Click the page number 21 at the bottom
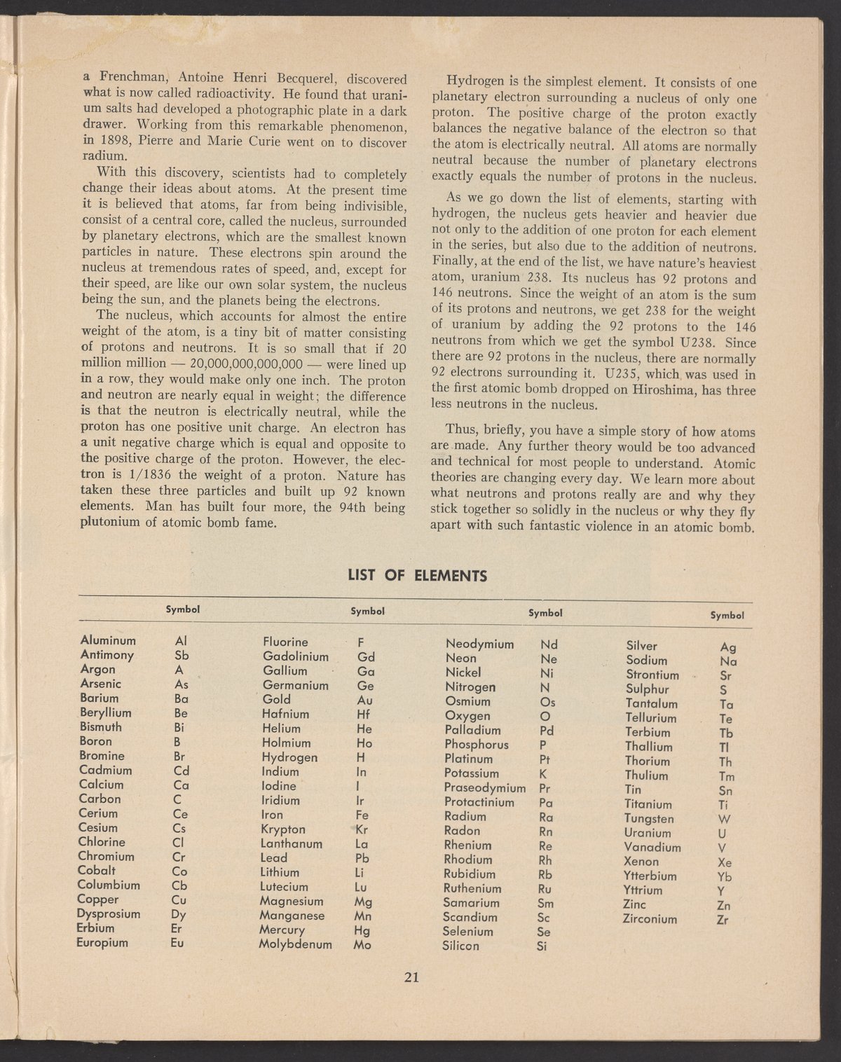click(x=411, y=978)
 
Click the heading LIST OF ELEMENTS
click(x=418, y=577)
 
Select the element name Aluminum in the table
click(x=108, y=640)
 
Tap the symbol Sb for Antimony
click(x=182, y=655)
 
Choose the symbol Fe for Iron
click(x=362, y=815)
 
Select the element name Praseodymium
click(x=485, y=788)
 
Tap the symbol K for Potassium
click(x=543, y=774)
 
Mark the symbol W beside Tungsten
click(x=725, y=820)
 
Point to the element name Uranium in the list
click(x=648, y=833)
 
